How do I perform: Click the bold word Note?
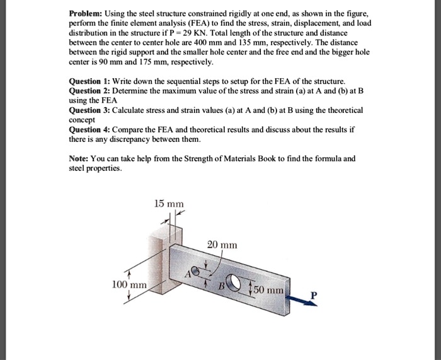click(x=81, y=158)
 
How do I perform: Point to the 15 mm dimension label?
click(x=169, y=204)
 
